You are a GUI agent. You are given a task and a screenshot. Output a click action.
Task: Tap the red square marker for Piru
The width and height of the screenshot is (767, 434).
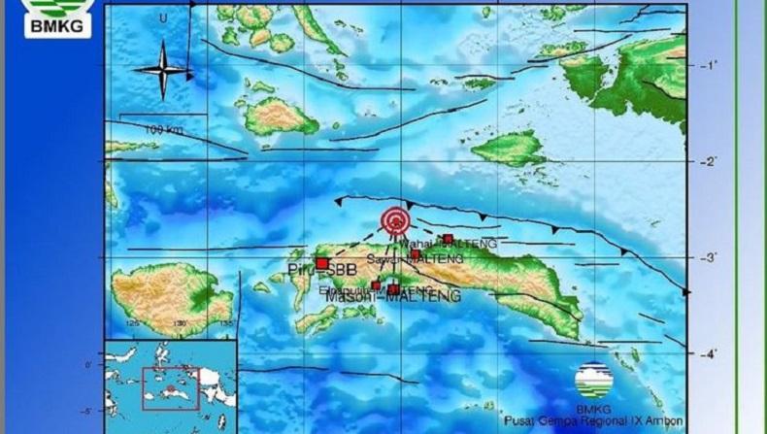[x=321, y=262]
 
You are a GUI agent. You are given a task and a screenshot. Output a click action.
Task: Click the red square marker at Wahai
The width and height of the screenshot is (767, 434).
[x=448, y=238]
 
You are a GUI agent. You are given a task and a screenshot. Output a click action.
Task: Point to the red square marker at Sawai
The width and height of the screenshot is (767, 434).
[x=416, y=254]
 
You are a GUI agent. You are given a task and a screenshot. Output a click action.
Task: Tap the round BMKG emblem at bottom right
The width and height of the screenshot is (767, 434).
[x=593, y=381]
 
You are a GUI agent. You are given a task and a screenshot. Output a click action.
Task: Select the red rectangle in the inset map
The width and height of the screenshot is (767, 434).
[x=170, y=388]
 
